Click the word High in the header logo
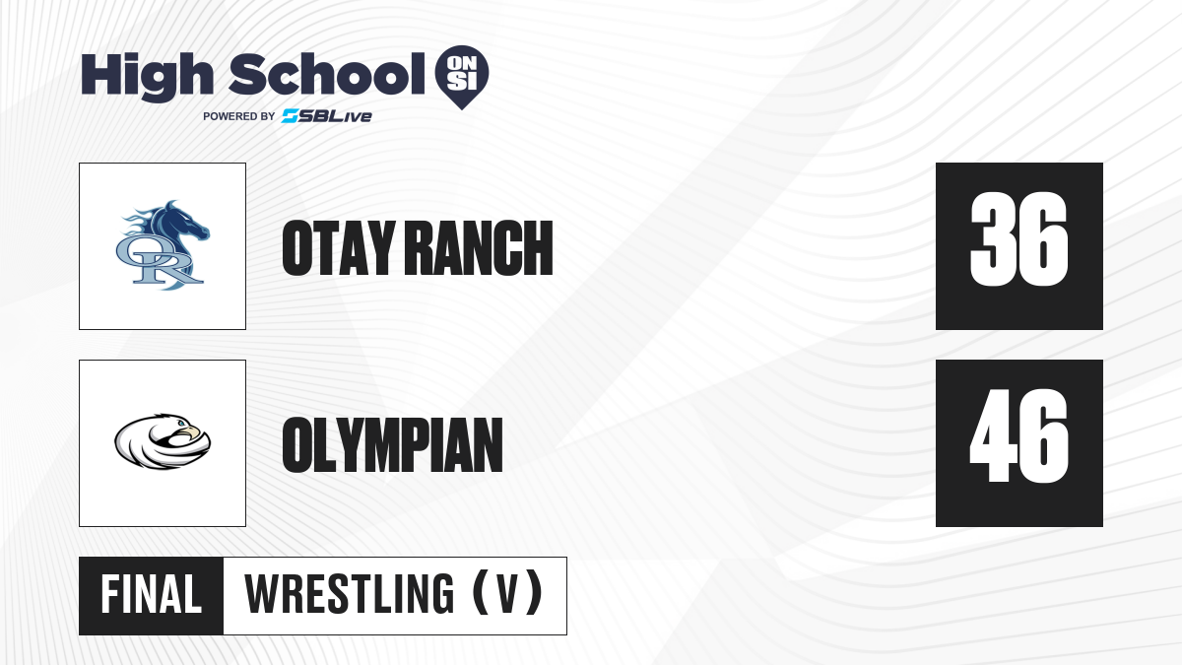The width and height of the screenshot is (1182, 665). pyautogui.click(x=147, y=76)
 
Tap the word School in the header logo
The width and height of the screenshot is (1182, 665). pyautogui.click(x=327, y=74)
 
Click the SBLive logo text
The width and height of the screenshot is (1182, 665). pyautogui.click(x=327, y=116)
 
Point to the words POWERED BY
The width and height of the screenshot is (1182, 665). pyautogui.click(x=239, y=116)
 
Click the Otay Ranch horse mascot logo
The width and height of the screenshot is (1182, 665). pyautogui.click(x=163, y=245)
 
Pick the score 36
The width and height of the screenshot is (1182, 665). pyautogui.click(x=1018, y=239)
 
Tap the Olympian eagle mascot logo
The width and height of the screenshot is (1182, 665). pyautogui.click(x=163, y=441)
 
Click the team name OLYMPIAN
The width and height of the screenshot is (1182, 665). pyautogui.click(x=392, y=445)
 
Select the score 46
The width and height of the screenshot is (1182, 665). pyautogui.click(x=1018, y=435)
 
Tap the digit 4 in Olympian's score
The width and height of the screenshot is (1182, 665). pyautogui.click(x=993, y=435)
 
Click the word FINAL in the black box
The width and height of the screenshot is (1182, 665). pyautogui.click(x=152, y=595)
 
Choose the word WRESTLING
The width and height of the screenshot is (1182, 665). pyautogui.click(x=349, y=594)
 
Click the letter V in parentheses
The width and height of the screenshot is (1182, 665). pyautogui.click(x=507, y=594)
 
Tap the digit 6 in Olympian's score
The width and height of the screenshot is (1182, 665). pyautogui.click(x=1045, y=435)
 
